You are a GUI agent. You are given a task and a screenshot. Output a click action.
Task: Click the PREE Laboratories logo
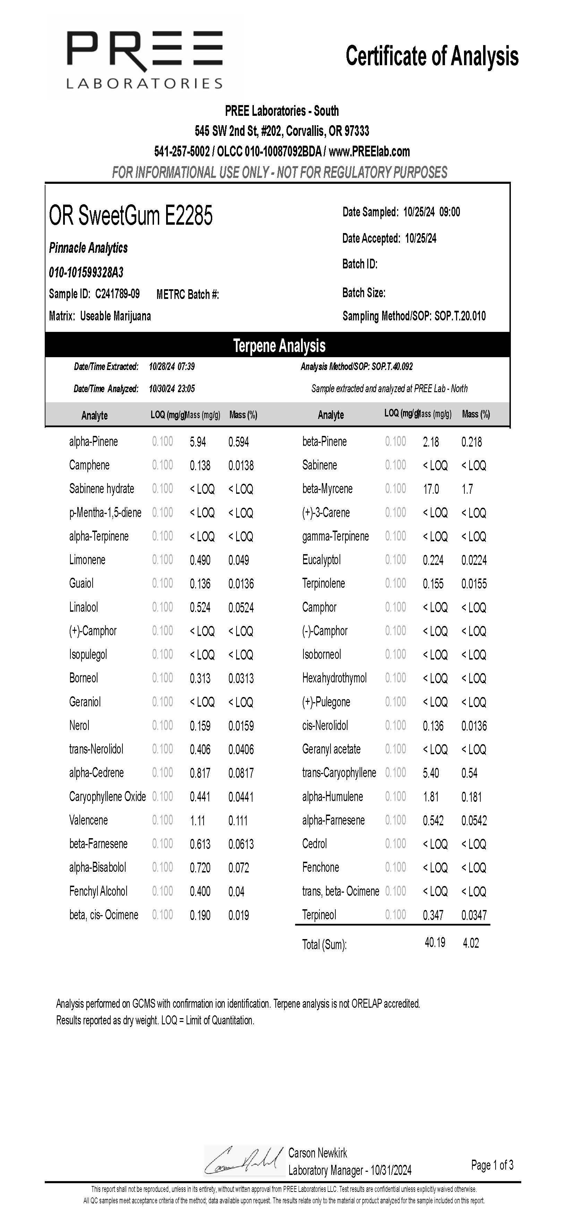click(x=144, y=60)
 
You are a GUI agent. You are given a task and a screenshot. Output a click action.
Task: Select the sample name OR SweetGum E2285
click(x=131, y=216)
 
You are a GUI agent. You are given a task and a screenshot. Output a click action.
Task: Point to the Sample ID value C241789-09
click(x=117, y=294)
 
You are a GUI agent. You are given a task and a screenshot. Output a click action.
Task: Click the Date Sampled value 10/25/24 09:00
click(x=431, y=212)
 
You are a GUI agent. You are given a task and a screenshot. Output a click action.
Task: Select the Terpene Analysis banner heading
click(x=279, y=345)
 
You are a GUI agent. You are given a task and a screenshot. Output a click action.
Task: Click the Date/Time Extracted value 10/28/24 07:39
click(x=172, y=367)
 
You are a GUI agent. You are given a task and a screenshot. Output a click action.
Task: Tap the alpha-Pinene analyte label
click(x=93, y=442)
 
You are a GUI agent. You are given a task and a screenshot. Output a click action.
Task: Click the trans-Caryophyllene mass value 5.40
click(x=431, y=773)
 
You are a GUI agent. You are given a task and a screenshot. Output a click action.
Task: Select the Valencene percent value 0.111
click(x=238, y=820)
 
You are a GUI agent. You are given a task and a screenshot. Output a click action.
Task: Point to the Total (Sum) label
click(x=324, y=945)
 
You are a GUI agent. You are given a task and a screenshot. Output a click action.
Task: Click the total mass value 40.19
click(x=435, y=942)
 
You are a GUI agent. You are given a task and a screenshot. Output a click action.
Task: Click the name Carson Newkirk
click(x=318, y=1153)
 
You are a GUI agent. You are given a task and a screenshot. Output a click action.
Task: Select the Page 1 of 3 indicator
click(x=492, y=1164)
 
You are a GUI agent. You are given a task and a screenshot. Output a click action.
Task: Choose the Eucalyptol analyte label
click(x=321, y=560)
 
